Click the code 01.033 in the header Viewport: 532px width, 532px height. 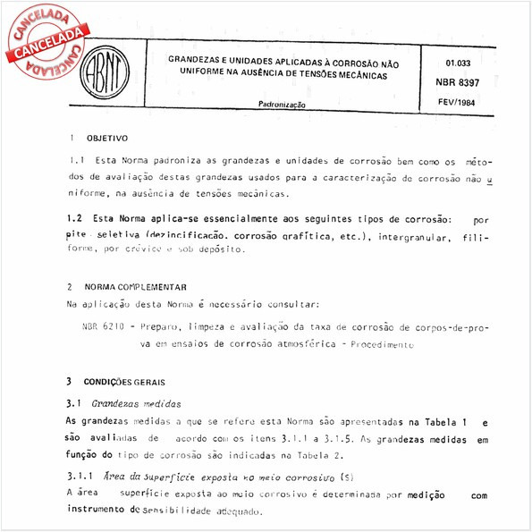(x=459, y=63)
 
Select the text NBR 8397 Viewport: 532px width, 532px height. (x=462, y=82)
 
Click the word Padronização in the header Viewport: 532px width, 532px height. (x=283, y=105)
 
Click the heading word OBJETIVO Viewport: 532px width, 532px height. (x=107, y=139)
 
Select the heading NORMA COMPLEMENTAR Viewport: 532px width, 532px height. (x=137, y=288)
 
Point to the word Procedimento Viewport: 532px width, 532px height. (x=382, y=344)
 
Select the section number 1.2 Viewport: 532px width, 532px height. (x=75, y=219)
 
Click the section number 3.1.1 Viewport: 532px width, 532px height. (x=82, y=477)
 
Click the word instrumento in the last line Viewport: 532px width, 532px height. (x=97, y=511)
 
